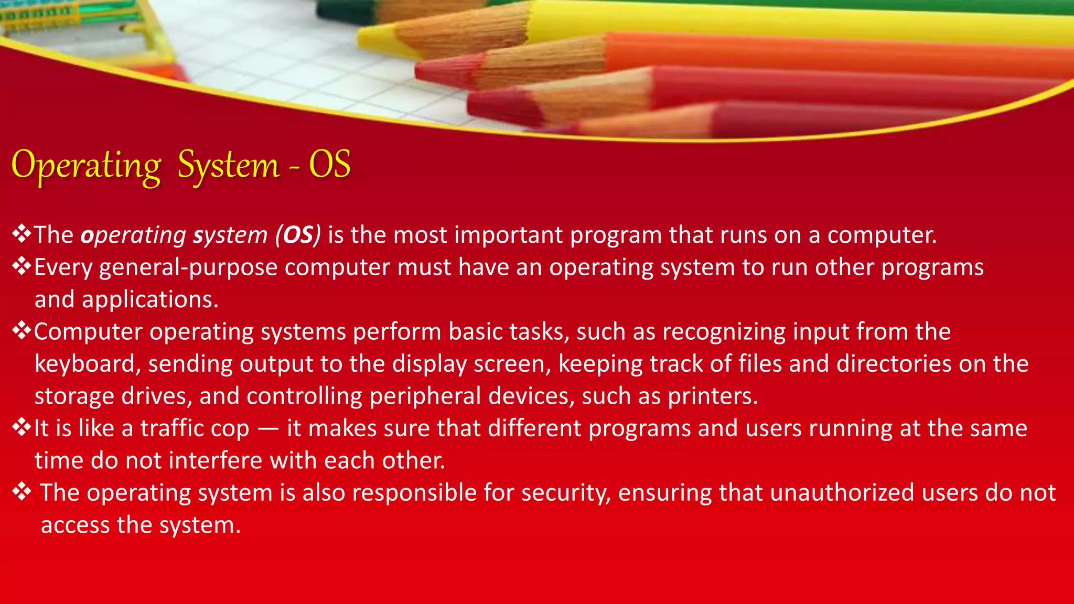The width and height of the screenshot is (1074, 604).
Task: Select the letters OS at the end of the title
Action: [329, 165]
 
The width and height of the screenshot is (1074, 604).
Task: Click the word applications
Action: [149, 299]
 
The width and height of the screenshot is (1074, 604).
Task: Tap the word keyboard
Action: [87, 364]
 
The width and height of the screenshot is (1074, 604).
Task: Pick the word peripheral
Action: [425, 396]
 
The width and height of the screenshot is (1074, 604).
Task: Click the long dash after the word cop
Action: [268, 429]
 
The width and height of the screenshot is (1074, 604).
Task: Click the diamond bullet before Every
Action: [22, 266]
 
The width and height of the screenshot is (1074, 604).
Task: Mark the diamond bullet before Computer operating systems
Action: [22, 331]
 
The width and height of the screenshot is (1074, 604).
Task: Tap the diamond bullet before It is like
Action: [22, 427]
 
